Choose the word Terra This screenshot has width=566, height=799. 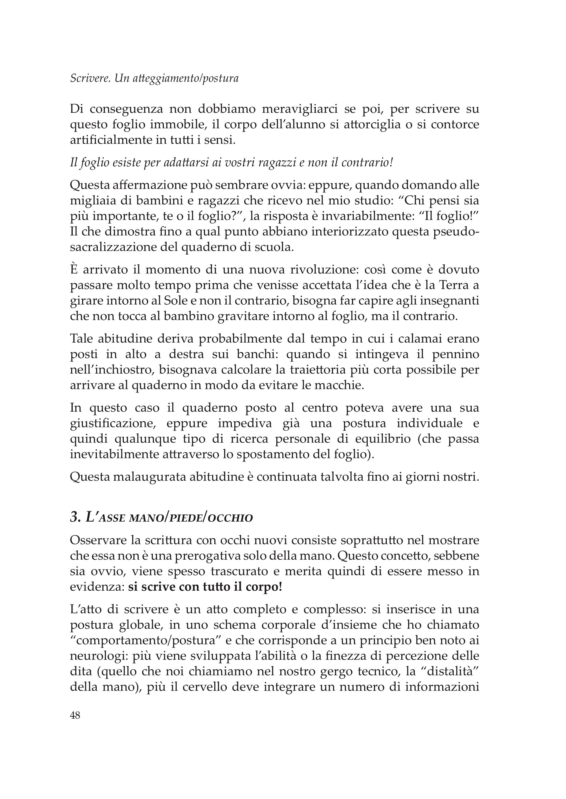click(452, 285)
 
